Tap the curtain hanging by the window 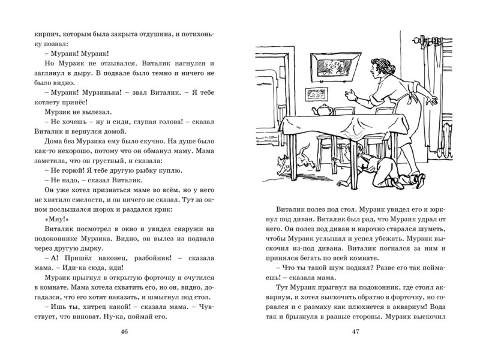(435, 90)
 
